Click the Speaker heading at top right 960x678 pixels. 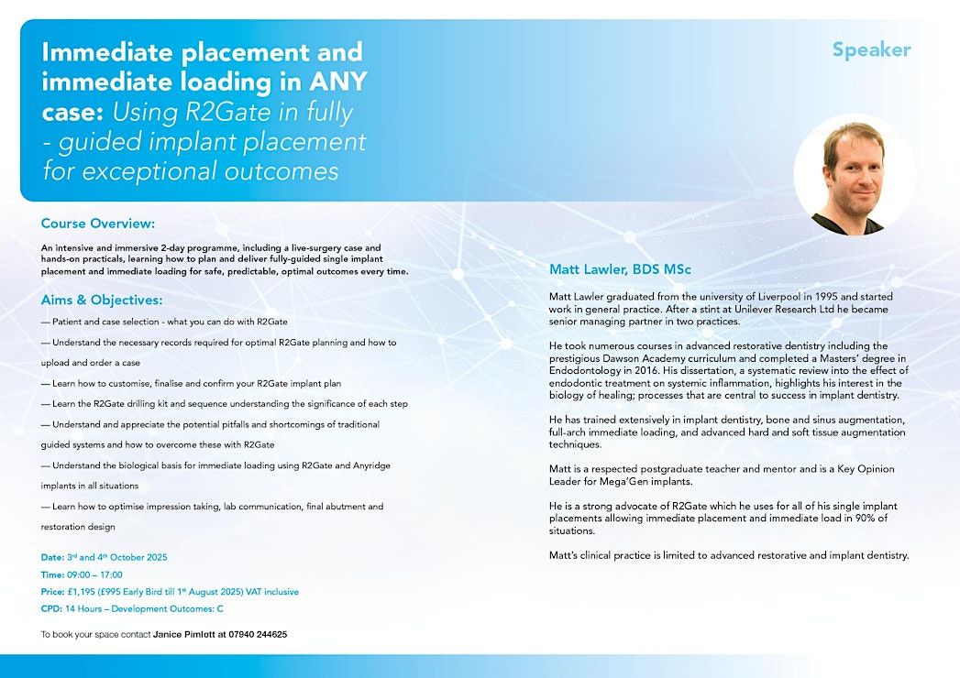(x=871, y=49)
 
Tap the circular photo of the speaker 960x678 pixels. (x=854, y=174)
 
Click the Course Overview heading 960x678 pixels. (x=98, y=224)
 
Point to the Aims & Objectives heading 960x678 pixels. (x=102, y=300)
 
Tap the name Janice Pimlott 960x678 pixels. (x=182, y=634)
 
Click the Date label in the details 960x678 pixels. (x=52, y=557)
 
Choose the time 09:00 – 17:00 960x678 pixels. (x=94, y=574)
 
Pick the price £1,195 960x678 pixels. (x=86, y=592)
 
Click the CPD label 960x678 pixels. (x=51, y=609)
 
